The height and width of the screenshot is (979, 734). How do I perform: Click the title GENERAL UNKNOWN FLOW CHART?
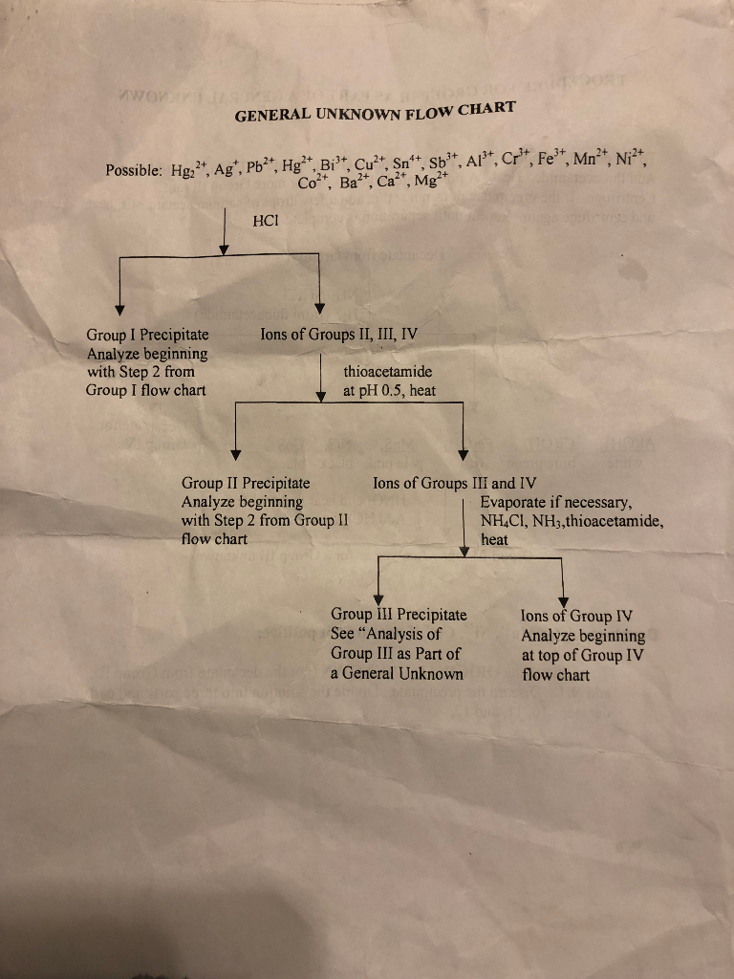tap(375, 111)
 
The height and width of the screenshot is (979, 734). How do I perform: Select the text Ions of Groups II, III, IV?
tap(338, 334)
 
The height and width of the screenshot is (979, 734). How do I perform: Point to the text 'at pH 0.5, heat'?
tap(390, 390)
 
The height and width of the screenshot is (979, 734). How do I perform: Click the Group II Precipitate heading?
tap(246, 484)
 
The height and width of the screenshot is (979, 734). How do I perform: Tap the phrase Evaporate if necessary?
tap(557, 503)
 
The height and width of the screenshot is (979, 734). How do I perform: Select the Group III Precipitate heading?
tap(399, 615)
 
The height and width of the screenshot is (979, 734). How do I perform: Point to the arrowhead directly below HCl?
tap(224, 249)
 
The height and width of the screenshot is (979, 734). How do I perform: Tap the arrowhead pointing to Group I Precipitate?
tap(119, 309)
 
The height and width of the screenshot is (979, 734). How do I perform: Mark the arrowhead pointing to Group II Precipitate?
tap(235, 453)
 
